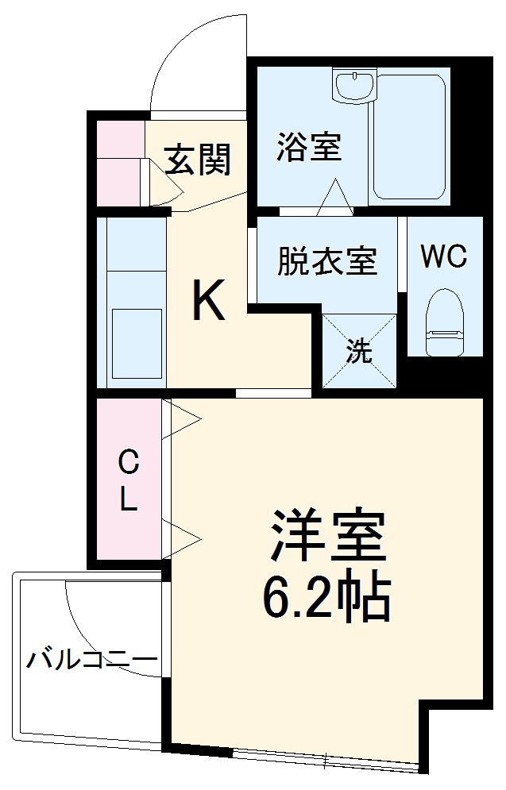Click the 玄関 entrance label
click(198, 160)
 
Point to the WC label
click(443, 256)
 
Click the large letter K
click(208, 303)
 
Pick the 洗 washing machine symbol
click(359, 352)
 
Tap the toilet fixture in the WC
click(444, 321)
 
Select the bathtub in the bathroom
click(408, 138)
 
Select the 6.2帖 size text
click(326, 598)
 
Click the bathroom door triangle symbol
click(334, 197)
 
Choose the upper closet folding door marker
click(181, 421)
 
